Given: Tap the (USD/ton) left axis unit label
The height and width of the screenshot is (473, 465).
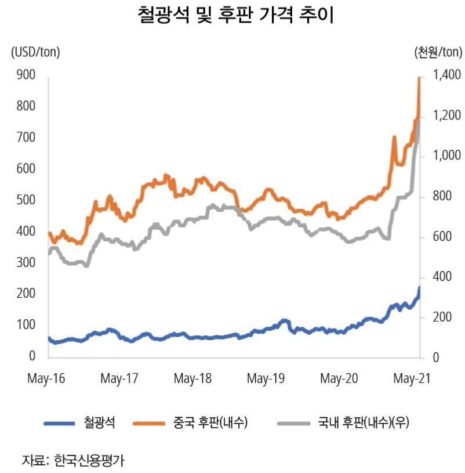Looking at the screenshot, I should [35, 52].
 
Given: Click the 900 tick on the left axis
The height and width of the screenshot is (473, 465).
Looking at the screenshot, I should [27, 75].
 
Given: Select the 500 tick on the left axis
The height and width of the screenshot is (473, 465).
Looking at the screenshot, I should [27, 200].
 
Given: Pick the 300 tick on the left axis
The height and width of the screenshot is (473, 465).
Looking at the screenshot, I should [27, 262].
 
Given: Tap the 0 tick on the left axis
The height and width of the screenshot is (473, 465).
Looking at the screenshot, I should [33, 356].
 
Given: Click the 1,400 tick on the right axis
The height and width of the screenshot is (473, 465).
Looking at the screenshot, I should [445, 76].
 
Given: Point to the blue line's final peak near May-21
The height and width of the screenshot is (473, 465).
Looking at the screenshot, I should [419, 288].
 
